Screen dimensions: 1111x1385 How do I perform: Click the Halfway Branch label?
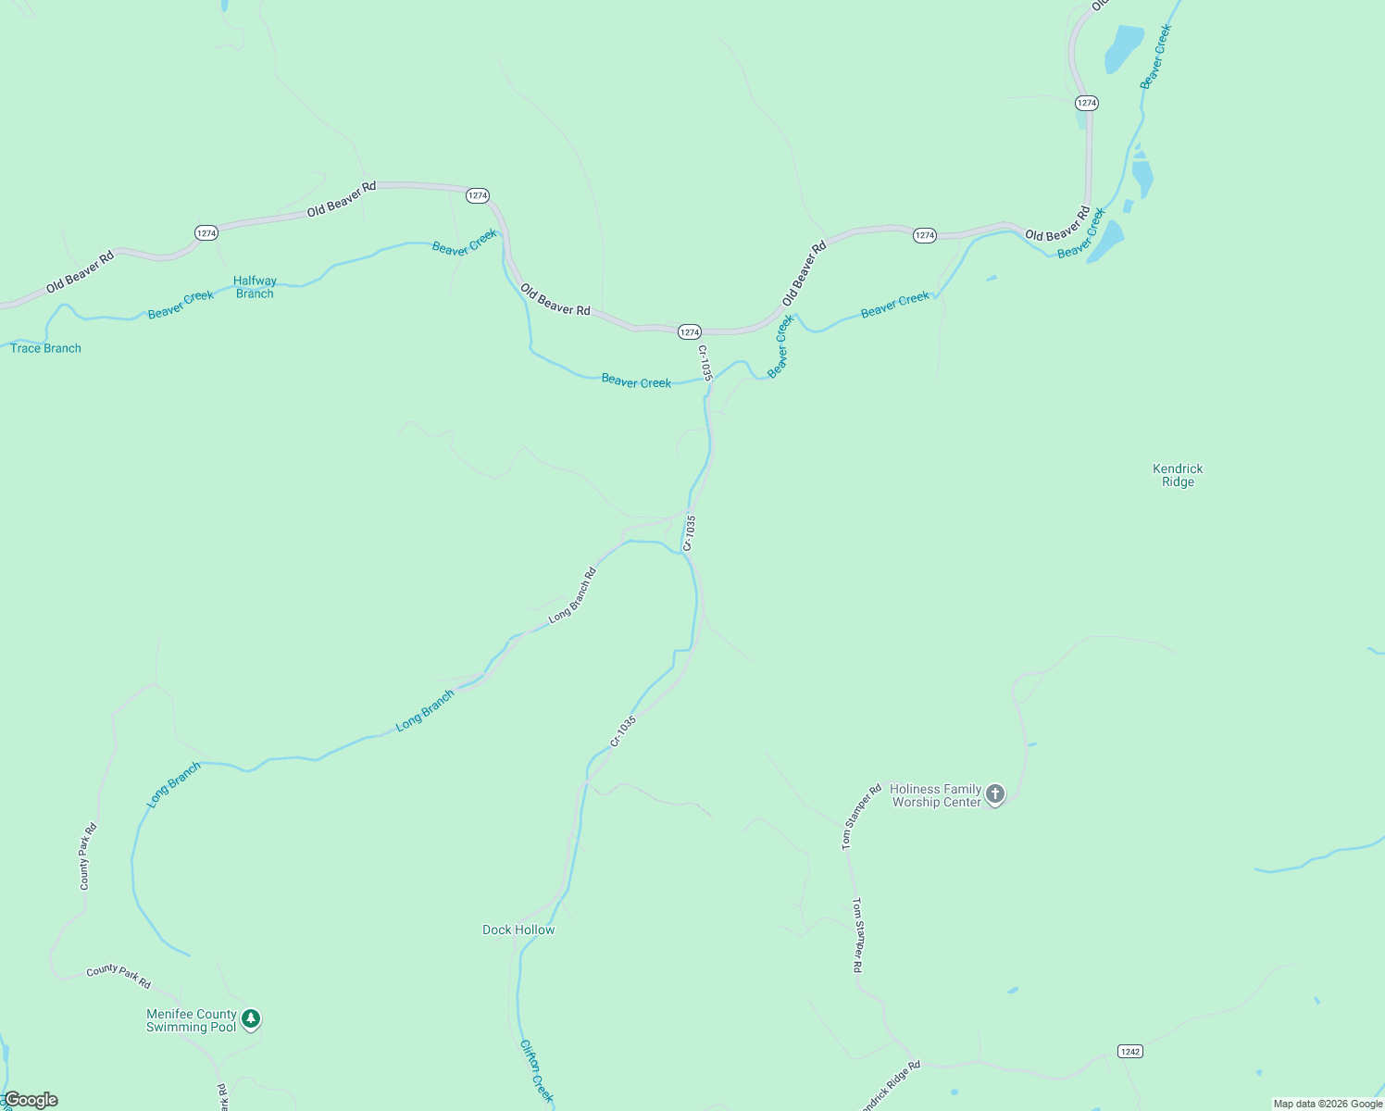pos(255,287)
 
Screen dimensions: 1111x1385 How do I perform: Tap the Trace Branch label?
pos(45,348)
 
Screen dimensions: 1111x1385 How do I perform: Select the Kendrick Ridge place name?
pos(1178,475)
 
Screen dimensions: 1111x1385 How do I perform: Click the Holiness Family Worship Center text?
pos(935,796)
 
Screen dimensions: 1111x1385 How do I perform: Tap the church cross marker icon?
pos(995,793)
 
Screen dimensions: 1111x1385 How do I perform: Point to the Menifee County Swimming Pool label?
pos(192,1020)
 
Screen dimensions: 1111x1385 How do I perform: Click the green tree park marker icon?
pos(250,1019)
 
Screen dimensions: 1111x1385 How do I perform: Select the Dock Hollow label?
pos(518,930)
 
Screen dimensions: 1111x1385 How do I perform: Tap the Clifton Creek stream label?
pos(537,1070)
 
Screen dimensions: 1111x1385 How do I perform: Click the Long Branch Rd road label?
pos(572,594)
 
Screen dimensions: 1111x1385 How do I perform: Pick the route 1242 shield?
pos(1129,1051)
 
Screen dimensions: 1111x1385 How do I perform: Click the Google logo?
pos(31,1100)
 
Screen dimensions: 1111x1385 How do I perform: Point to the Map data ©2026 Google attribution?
pos(1328,1104)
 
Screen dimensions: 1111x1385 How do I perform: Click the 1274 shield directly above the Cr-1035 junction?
pos(689,331)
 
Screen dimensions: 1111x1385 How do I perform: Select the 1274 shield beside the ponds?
pos(1087,103)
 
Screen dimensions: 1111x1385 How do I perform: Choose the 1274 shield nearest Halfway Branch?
pos(206,233)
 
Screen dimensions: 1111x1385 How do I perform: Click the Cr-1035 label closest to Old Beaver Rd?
pos(705,363)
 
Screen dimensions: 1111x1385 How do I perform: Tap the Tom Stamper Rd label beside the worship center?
pos(861,818)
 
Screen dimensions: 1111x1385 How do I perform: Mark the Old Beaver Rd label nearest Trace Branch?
pos(80,272)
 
